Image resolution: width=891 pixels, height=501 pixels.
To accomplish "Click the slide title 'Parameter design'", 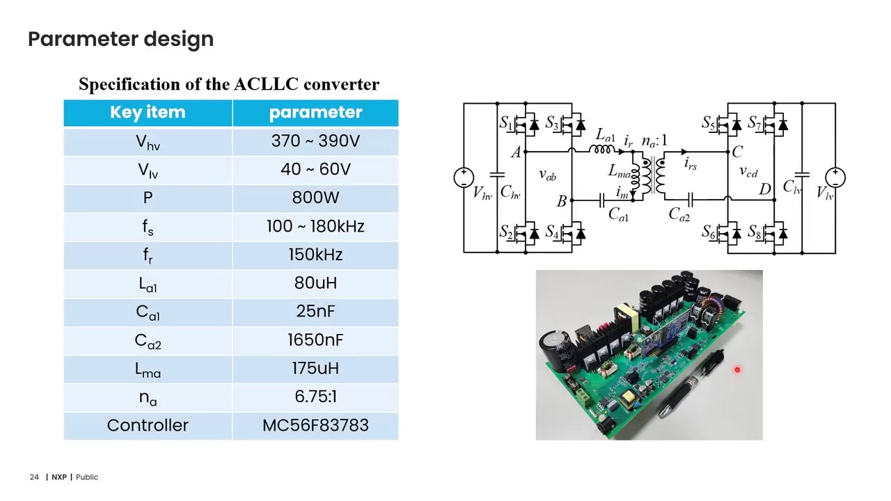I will click(x=120, y=39).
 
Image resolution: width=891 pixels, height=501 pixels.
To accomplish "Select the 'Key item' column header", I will click(x=148, y=113).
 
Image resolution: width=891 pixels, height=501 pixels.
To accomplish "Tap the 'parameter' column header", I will click(x=315, y=113).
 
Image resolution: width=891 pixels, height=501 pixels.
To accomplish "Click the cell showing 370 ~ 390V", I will click(x=315, y=141).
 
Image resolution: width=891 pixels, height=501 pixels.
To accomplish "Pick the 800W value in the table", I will click(x=315, y=198).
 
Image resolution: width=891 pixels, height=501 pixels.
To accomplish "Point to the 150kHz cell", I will click(x=315, y=255).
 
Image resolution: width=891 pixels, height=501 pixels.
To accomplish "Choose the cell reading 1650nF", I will click(x=315, y=340).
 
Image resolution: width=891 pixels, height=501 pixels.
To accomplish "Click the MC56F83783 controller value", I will click(x=315, y=426).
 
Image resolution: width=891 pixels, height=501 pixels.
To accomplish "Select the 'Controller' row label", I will click(x=148, y=426).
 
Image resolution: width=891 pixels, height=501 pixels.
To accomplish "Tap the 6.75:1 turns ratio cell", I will click(x=315, y=397).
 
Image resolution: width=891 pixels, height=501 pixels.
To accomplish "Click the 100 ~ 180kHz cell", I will click(x=315, y=227).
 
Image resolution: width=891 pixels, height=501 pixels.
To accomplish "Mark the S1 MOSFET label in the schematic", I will click(x=506, y=124).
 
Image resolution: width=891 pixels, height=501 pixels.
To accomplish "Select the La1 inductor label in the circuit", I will click(x=606, y=136).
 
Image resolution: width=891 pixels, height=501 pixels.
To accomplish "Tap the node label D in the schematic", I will click(x=765, y=189).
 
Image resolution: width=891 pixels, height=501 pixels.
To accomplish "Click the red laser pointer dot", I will click(x=737, y=370).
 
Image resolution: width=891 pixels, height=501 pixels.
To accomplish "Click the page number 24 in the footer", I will click(x=34, y=477).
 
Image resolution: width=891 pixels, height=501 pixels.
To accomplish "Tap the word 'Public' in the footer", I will click(x=87, y=477).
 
